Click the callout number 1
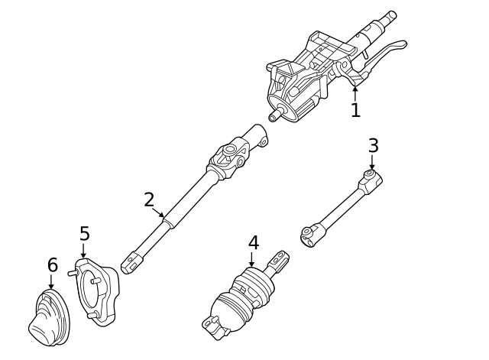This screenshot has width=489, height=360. pos(355,111)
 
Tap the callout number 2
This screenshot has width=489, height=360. pos(149,200)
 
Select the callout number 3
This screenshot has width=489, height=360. pos(373,145)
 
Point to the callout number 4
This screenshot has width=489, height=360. pos(254,243)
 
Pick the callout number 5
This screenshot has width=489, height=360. pos(84,233)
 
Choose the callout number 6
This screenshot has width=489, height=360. pos(52,265)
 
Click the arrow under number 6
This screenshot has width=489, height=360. pos(52,282)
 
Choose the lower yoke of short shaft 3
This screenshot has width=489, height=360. pos(309,236)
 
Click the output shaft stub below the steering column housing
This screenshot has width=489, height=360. pos(276,115)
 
